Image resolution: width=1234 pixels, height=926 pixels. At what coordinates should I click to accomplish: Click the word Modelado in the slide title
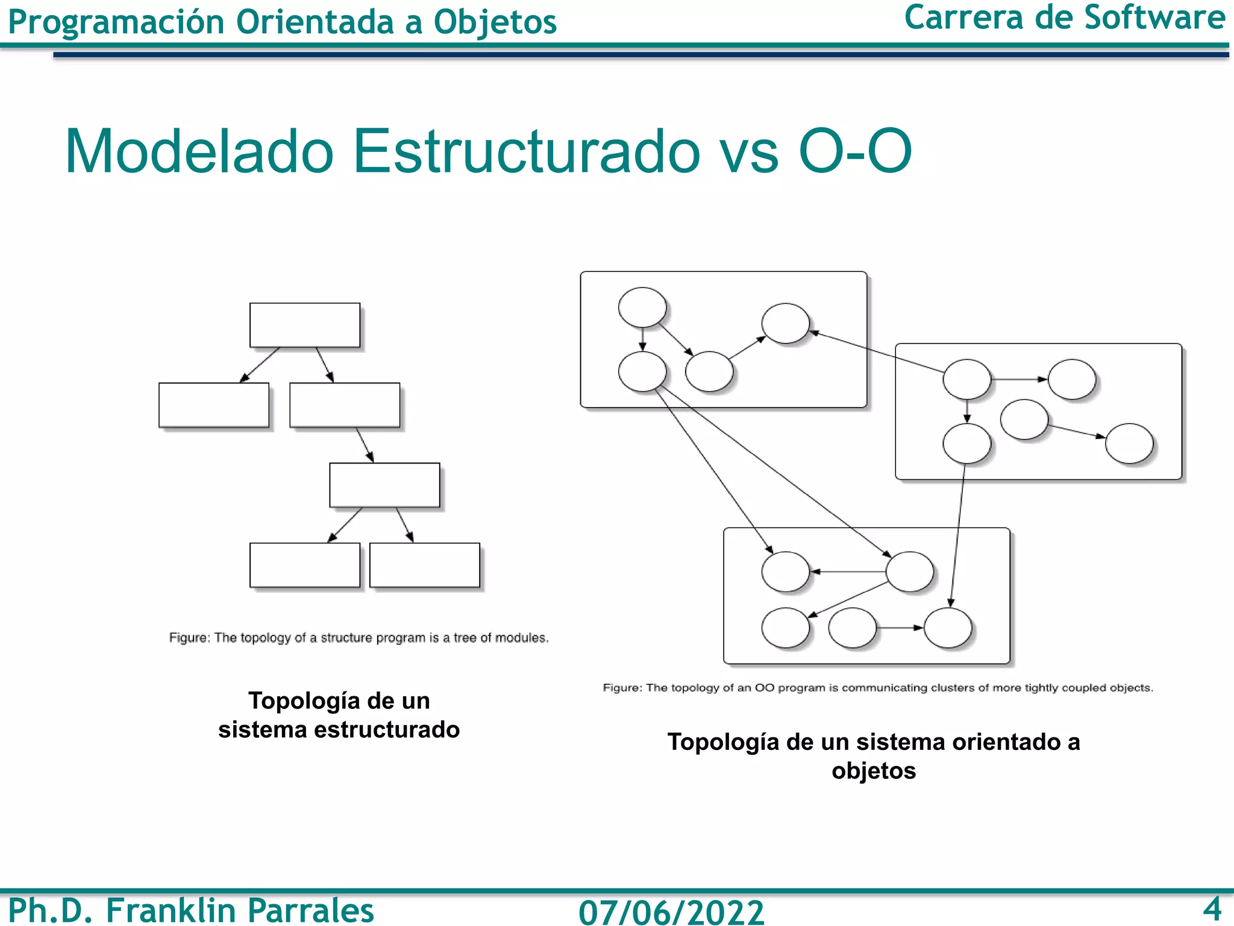[199, 151]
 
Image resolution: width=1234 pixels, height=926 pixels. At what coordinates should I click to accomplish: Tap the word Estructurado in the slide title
[526, 151]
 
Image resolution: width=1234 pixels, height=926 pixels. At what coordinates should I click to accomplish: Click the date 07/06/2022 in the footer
[671, 912]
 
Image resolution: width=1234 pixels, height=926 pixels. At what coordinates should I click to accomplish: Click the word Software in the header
[1154, 18]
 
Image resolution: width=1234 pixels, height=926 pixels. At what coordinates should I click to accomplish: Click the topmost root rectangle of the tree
[305, 325]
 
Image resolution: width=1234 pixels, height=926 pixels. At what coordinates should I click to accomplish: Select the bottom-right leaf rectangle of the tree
[424, 565]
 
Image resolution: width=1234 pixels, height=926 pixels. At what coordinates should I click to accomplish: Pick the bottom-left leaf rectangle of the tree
[305, 565]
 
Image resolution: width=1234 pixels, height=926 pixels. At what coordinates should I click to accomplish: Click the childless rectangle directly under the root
[214, 405]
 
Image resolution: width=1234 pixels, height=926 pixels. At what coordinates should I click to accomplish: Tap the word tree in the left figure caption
[465, 638]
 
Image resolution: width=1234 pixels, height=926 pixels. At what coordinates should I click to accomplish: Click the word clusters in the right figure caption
[953, 688]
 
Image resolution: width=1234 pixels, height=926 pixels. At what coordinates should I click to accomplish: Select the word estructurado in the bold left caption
[387, 730]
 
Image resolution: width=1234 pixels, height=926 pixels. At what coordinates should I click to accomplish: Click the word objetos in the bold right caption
[874, 771]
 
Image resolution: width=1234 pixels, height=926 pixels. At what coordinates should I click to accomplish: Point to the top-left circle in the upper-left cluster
[642, 307]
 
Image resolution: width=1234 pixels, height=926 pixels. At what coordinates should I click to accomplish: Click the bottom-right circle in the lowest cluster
[948, 628]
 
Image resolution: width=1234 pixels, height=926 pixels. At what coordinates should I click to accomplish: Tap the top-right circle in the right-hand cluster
[1072, 379]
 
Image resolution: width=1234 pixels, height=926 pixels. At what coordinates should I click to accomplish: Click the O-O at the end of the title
[855, 151]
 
